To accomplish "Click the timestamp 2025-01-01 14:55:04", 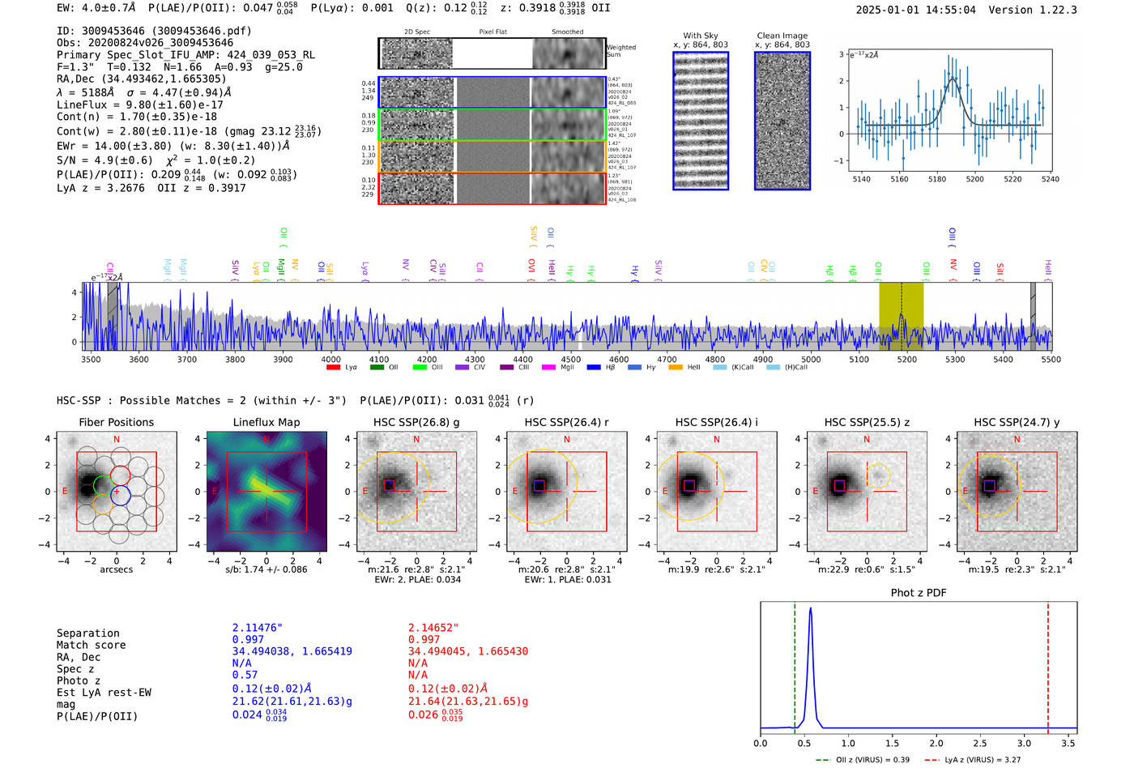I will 915,10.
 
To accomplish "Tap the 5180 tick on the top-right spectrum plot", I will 937,179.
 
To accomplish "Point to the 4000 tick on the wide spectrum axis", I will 330,359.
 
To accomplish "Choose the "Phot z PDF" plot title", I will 919,593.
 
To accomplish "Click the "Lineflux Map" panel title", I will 266,422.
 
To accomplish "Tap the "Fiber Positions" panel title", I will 116,422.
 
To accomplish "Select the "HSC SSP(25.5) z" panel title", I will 867,422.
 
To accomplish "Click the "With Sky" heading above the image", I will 700,36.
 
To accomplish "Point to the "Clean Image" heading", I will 782,36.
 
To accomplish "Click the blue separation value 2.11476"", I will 257,628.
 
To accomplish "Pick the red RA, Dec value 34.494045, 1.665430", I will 467,651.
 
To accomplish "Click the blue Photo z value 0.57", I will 245,675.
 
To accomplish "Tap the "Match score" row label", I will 91,645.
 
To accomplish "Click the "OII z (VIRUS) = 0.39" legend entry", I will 863,760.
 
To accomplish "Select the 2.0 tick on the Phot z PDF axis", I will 936,743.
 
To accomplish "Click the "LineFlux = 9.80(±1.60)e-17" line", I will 139,104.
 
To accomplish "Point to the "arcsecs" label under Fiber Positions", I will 116,569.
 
